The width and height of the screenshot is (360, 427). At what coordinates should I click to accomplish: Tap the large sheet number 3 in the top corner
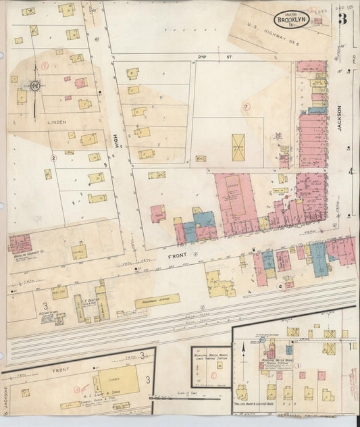tap(344, 18)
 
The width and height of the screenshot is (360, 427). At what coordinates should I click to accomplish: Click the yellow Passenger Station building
tap(157, 301)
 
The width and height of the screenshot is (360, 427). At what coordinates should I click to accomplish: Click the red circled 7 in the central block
tap(247, 106)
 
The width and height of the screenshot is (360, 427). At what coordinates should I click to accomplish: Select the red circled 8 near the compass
tap(45, 66)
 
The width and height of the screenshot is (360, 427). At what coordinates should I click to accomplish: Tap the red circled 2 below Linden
tap(52, 158)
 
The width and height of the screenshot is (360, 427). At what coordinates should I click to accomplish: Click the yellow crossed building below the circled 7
tap(238, 147)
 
